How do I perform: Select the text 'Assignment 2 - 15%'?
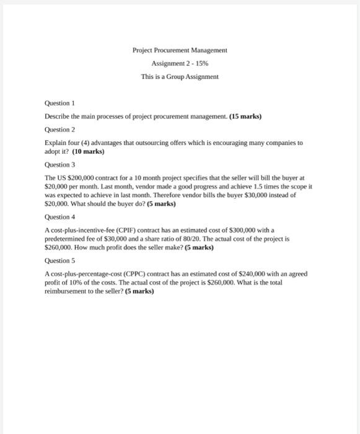click(180, 63)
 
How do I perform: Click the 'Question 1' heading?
click(59, 103)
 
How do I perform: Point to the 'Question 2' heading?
click(59, 130)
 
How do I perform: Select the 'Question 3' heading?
click(59, 165)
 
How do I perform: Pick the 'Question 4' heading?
click(59, 218)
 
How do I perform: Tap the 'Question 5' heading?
click(59, 261)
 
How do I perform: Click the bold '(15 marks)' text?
click(245, 117)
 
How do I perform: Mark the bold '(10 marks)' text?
click(89, 151)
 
